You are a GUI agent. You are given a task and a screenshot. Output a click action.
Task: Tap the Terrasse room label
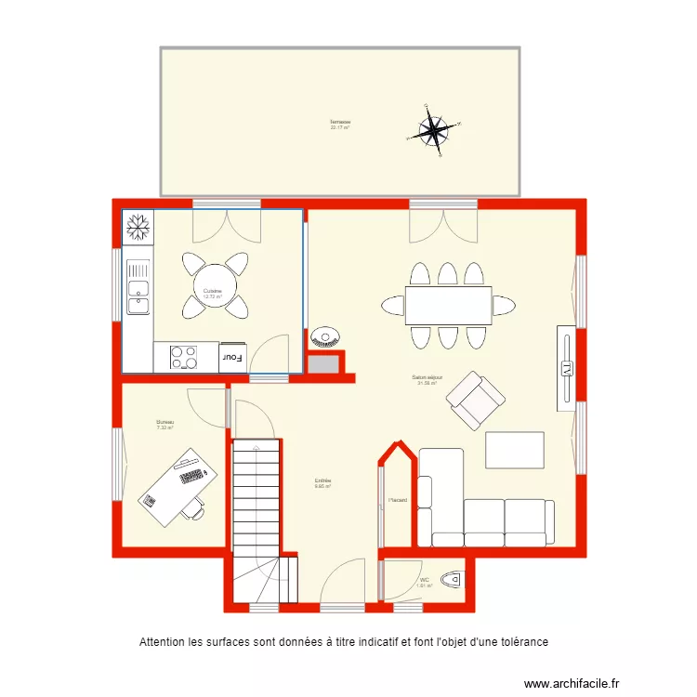pos(340,123)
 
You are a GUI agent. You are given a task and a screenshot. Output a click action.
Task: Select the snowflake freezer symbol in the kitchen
pos(138,224)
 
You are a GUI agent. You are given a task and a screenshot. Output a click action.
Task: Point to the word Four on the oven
pos(231,356)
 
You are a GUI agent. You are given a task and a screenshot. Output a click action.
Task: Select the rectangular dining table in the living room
pos(448,305)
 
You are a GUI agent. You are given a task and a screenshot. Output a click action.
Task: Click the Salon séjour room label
pos(427,378)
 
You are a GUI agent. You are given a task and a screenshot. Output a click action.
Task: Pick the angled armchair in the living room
pos(476,401)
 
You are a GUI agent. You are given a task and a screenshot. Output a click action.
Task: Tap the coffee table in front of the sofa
pos(514,450)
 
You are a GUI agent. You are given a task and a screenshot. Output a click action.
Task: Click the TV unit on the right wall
pos(566,368)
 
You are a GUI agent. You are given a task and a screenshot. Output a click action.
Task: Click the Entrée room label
pos(322,481)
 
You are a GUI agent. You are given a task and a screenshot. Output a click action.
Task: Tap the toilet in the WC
pos(451,580)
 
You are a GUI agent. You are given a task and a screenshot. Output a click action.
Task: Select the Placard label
pos(397,500)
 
